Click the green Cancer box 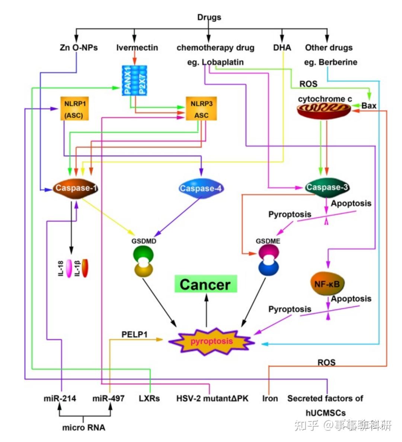206,284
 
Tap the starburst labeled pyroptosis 212,341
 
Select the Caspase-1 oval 76,188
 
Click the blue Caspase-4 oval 201,188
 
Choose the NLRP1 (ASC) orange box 74,108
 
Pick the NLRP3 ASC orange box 201,108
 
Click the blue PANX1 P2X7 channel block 135,80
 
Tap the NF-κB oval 328,284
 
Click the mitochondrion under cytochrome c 324,110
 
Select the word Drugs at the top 209,17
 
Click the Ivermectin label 137,47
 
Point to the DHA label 282,47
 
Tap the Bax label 369,106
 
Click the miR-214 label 60,398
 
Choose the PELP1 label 135,334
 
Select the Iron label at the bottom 270,398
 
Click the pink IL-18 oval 69,269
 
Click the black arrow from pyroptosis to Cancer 206,310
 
